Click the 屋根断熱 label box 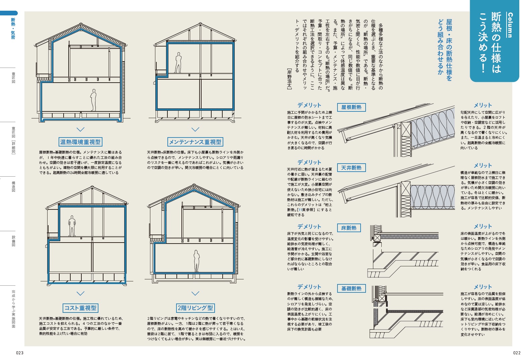tap(351, 107)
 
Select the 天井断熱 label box tap(351, 168)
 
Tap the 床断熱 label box tap(349, 228)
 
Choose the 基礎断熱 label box tap(351, 288)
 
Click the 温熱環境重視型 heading tap(80, 142)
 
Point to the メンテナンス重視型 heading tap(195, 142)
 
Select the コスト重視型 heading tap(81, 308)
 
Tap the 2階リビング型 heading tap(195, 308)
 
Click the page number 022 tap(517, 353)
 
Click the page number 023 tap(20, 353)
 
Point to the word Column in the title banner tap(510, 25)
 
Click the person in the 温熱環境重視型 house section tap(94, 100)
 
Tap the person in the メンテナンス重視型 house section tap(178, 63)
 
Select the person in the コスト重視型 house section tap(72, 226)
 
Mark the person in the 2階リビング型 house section tap(197, 261)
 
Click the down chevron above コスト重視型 tap(81, 294)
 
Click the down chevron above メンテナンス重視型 tap(195, 129)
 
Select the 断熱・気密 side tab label tap(13, 29)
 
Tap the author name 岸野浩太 tap(290, 79)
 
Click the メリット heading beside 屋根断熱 tap(483, 105)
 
